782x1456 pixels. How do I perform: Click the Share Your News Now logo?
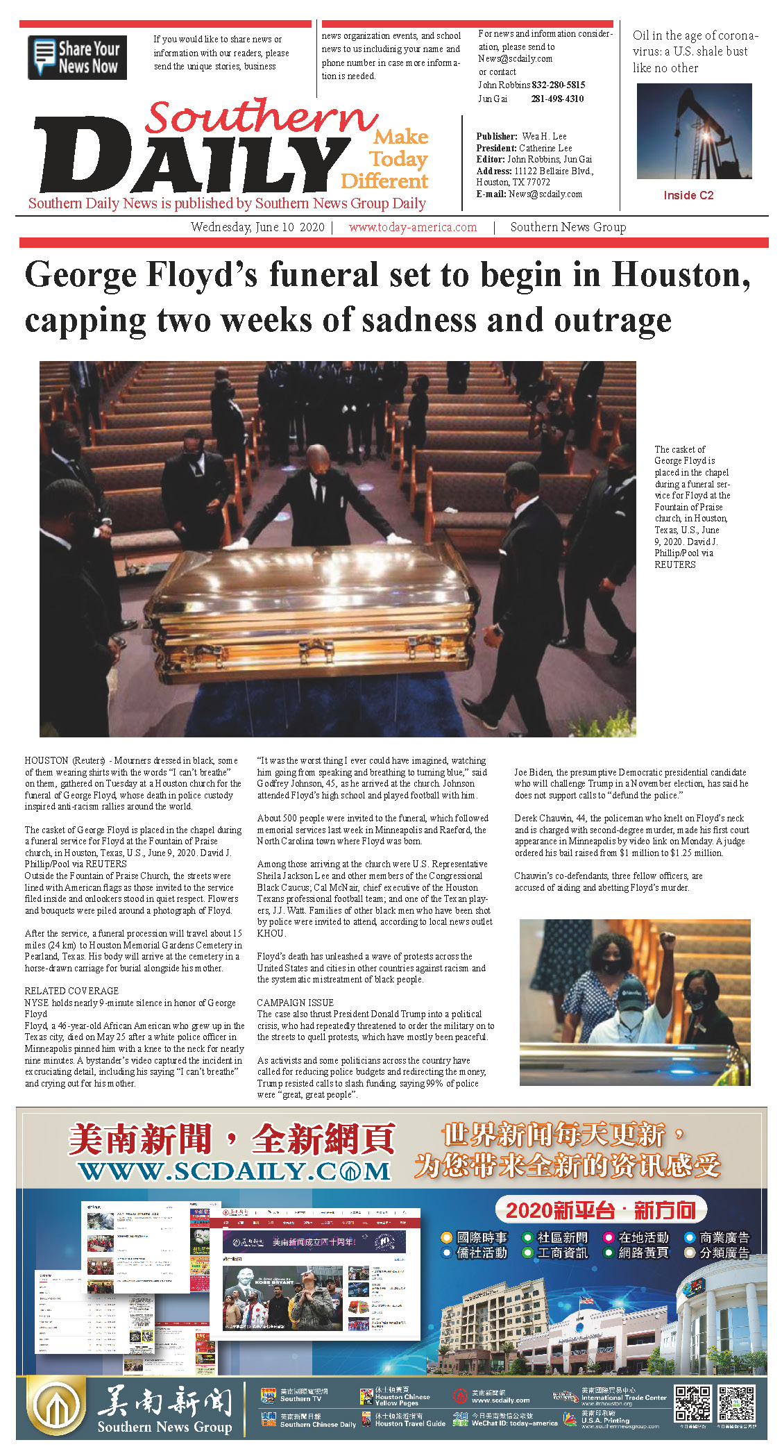coord(77,58)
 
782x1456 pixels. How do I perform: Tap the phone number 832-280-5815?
coord(558,85)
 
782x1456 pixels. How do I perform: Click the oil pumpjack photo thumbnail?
coord(694,131)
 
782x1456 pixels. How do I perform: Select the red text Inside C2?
coord(688,195)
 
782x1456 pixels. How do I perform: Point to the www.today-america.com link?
coord(413,227)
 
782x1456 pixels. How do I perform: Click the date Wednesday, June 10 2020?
coord(257,227)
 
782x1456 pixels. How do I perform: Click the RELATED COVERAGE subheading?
coord(71,991)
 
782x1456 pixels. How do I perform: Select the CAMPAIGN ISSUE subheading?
coord(295,1003)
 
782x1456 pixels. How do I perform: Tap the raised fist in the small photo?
coord(668,941)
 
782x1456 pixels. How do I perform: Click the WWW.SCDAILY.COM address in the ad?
coord(235,1171)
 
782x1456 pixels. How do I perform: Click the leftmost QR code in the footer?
coord(692,1404)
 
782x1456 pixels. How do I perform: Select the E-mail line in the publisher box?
coord(529,194)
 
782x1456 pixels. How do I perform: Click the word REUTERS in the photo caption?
coord(674,565)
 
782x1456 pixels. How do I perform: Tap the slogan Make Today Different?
coord(386,159)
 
